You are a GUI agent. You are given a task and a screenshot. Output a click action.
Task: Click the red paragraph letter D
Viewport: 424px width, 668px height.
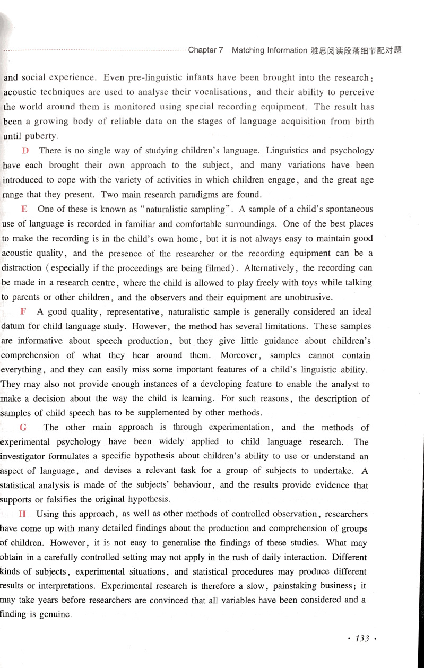click(x=22, y=151)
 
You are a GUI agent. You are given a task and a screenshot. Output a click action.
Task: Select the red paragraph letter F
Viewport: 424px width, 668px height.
click(x=23, y=311)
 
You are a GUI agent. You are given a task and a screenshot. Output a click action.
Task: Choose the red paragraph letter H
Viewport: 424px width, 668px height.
click(x=22, y=514)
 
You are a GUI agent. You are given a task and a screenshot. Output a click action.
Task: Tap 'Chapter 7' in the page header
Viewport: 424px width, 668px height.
click(x=205, y=50)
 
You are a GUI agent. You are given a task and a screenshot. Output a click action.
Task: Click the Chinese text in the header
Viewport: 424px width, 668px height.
click(x=354, y=50)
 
